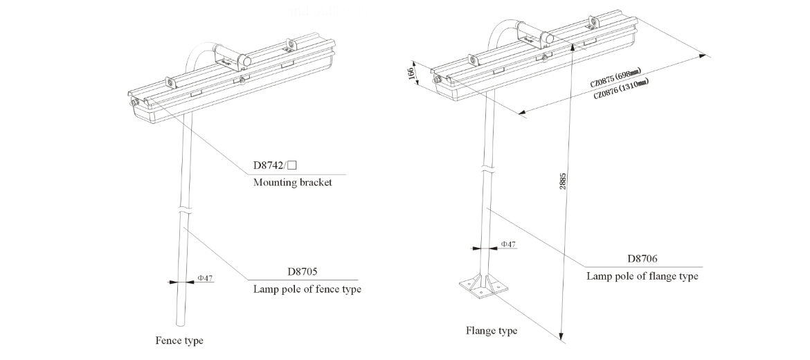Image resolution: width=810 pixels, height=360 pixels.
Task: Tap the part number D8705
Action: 301,272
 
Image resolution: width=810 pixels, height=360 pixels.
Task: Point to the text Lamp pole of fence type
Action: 307,289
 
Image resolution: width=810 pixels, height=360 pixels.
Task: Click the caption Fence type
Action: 179,341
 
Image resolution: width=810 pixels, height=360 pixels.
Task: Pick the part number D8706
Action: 642,259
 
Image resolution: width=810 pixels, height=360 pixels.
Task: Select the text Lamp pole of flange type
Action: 642,276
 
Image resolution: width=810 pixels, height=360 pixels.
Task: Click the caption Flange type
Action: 491,331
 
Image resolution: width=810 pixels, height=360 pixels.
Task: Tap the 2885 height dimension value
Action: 564,181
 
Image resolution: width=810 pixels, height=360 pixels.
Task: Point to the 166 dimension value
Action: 413,74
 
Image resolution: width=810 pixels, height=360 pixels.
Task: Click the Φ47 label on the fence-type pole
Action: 205,278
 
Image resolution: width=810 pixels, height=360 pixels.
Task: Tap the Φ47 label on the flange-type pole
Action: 507,244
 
